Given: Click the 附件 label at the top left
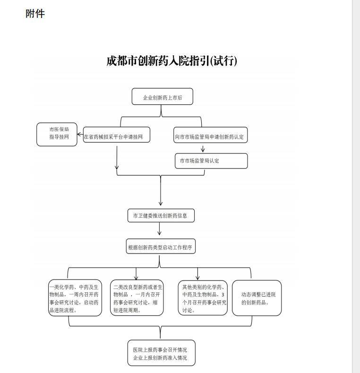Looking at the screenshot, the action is (x=35, y=13).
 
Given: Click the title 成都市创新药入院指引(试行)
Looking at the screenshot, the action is (x=171, y=60).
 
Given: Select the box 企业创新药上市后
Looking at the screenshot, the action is (x=163, y=96).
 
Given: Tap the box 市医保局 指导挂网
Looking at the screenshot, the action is (x=57, y=134).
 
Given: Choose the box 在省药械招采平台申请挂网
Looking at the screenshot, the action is (x=116, y=135).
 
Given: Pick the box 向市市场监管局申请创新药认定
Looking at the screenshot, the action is (x=211, y=135).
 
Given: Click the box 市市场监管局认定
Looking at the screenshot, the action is (x=211, y=161).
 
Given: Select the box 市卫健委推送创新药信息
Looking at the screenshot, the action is (x=161, y=215).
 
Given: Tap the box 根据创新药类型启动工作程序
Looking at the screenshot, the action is (x=161, y=246).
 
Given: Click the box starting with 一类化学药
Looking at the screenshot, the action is (x=75, y=298).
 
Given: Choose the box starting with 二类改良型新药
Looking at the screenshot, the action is (x=137, y=298).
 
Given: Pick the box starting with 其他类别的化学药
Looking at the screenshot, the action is (x=203, y=298).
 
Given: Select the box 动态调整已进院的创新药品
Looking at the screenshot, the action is (x=257, y=298).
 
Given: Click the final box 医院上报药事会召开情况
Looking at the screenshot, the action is (x=162, y=353).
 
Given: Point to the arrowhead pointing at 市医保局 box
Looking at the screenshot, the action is (x=79, y=135).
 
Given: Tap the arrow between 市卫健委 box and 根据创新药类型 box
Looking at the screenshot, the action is (x=160, y=229).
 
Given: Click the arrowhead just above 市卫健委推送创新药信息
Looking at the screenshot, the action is (x=161, y=203).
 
